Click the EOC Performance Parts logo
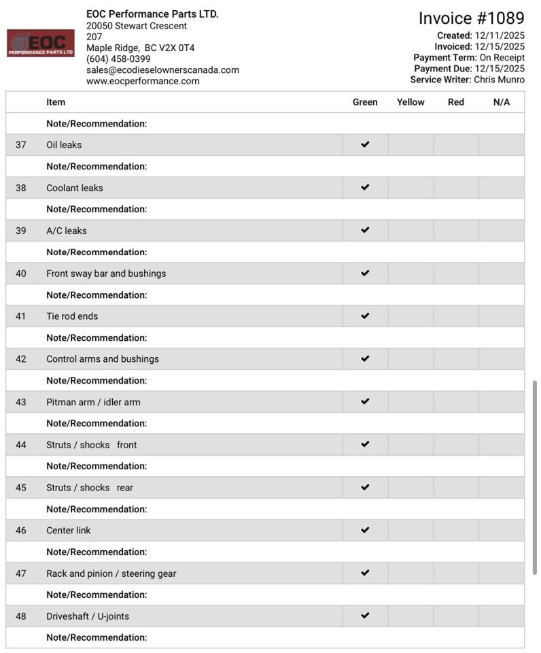click(x=41, y=43)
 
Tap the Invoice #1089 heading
click(x=471, y=18)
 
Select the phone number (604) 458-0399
click(x=118, y=59)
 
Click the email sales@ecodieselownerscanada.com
click(x=162, y=70)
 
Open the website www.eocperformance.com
click(x=143, y=81)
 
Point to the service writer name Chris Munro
click(x=499, y=80)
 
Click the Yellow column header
click(x=411, y=103)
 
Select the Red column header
click(x=456, y=103)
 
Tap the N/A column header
click(x=502, y=103)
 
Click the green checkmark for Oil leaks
click(x=365, y=145)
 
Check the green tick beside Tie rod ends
click(x=365, y=316)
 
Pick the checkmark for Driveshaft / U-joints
click(x=365, y=616)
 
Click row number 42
click(x=21, y=359)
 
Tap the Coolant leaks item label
click(x=75, y=188)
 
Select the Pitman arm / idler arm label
click(x=93, y=402)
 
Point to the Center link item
click(x=68, y=531)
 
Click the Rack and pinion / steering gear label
click(x=111, y=573)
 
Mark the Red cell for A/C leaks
click(x=456, y=231)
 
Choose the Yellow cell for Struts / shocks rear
click(x=411, y=488)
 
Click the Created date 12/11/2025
click(x=500, y=35)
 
